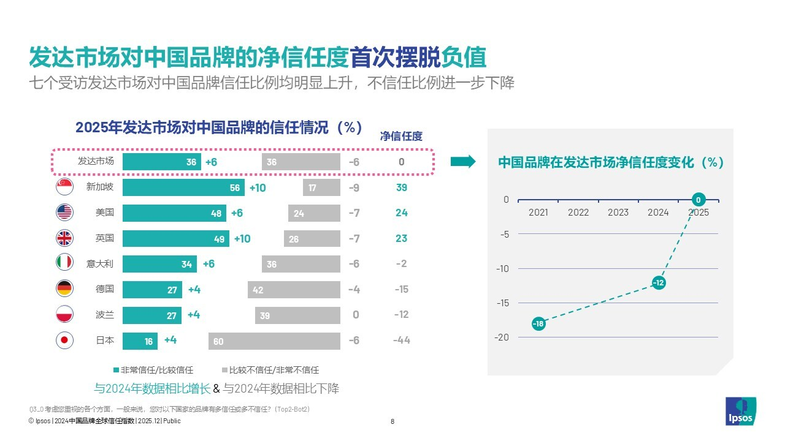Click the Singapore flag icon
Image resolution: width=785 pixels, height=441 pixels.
tap(64, 187)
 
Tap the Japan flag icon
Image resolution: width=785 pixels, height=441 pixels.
tap(64, 341)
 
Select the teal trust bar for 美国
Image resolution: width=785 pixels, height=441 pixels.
tap(174, 213)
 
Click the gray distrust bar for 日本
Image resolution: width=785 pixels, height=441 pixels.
tap(274, 341)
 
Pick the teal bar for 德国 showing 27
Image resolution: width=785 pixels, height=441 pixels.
tap(152, 290)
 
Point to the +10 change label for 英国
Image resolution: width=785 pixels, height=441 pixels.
tap(242, 239)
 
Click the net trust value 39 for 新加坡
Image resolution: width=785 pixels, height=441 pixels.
tap(402, 187)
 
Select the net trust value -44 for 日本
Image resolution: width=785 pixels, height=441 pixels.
tap(402, 341)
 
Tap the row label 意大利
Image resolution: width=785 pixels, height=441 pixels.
tap(100, 264)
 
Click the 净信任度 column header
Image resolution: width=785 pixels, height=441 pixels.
tap(402, 136)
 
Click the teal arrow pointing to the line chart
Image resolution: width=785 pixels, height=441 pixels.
tap(463, 162)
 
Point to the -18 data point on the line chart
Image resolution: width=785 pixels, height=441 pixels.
tap(538, 323)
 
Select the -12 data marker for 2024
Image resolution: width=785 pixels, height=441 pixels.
tap(658, 283)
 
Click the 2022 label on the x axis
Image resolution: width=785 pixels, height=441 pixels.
tap(578, 213)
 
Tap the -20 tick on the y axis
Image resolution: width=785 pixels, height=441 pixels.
tap(502, 337)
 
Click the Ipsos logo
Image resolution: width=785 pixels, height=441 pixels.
tap(740, 411)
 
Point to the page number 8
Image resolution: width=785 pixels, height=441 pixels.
tap(392, 421)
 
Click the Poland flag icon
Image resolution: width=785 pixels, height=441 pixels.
tap(64, 315)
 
